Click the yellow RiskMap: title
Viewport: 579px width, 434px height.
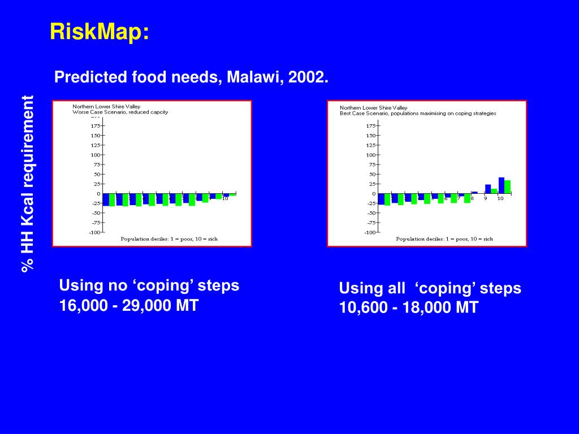pos(100,32)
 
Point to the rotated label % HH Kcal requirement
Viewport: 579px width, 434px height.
pos(28,184)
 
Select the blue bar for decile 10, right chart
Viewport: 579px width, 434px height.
pos(501,185)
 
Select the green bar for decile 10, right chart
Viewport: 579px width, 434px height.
pos(507,187)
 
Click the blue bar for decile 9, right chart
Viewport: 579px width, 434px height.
pos(488,189)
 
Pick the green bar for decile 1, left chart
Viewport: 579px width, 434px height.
pos(112,199)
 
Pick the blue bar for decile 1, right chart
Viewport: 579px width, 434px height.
pos(381,199)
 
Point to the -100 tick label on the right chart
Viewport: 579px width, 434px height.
pos(370,232)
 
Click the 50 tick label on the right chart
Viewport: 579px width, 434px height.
pos(371,174)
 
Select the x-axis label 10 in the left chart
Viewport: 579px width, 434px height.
pos(224,198)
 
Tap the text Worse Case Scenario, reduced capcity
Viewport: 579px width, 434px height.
pos(120,112)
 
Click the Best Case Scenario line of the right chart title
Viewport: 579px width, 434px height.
pos(418,113)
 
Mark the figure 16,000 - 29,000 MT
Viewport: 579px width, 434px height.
pos(129,306)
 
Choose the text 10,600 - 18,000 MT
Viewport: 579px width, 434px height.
pos(408,308)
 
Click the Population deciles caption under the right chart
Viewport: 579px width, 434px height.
pos(444,239)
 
